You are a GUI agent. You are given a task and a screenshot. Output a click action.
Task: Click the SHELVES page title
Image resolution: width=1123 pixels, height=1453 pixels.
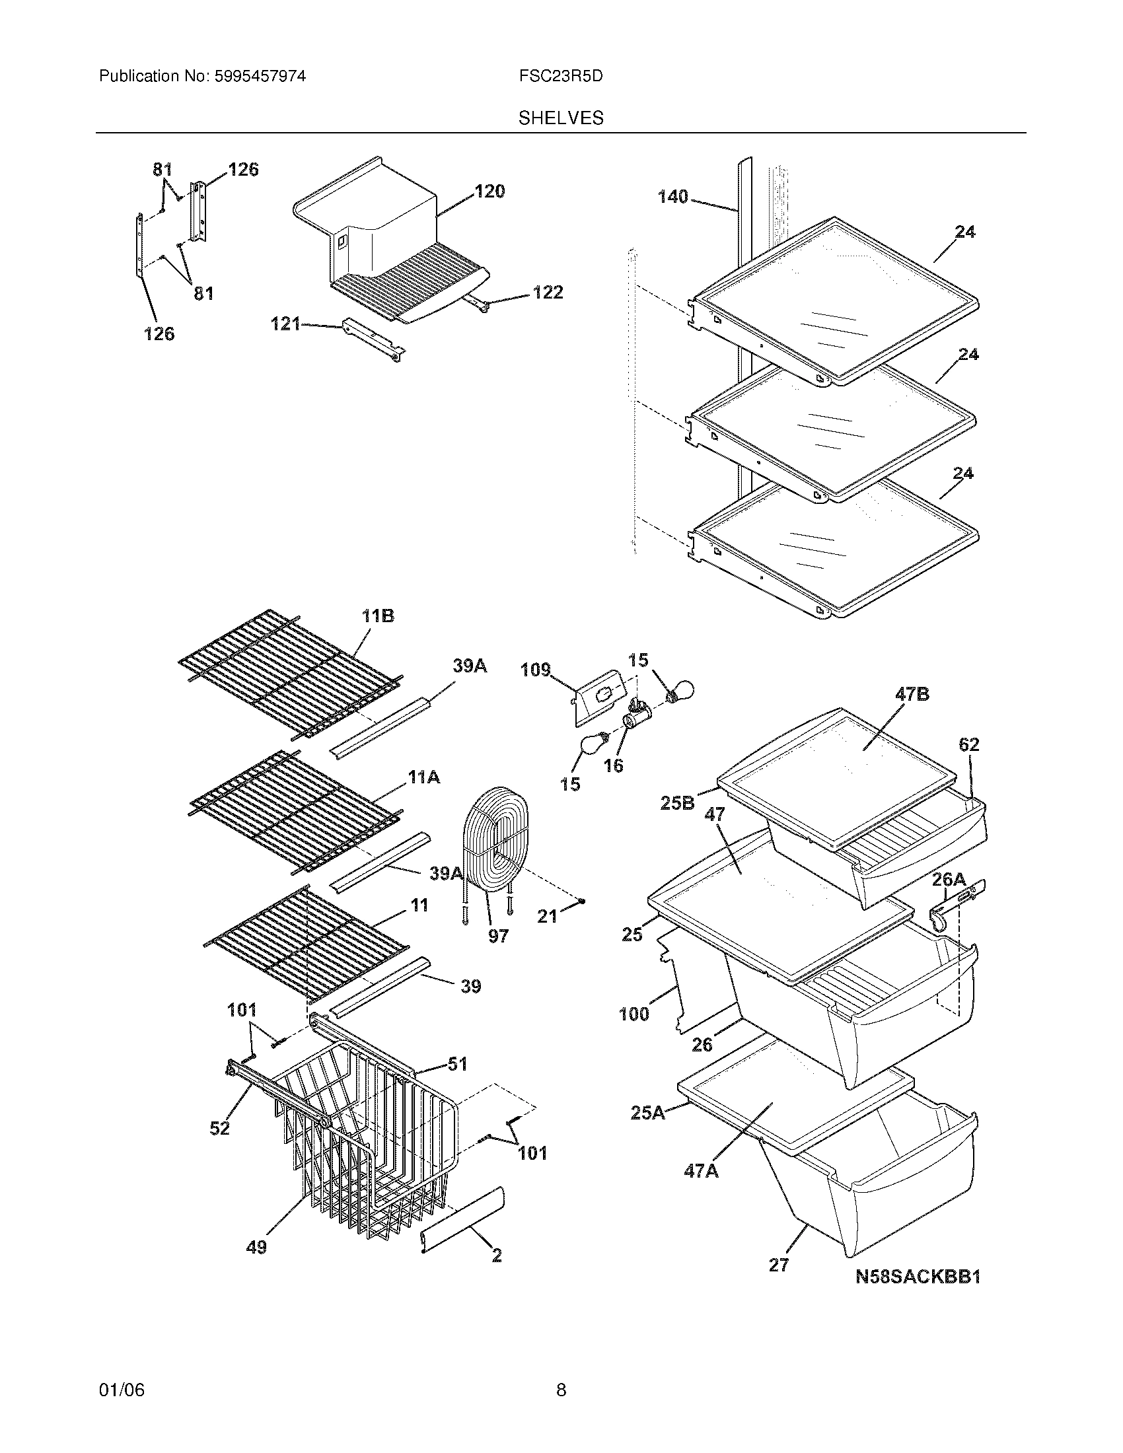coord(561,118)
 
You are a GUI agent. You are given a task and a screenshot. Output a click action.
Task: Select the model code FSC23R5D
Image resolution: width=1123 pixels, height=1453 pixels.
coord(561,77)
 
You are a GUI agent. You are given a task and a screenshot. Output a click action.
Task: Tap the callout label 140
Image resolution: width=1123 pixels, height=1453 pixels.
coord(672,197)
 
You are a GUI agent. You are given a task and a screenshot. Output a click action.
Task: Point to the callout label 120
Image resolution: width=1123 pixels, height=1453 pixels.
coord(489,192)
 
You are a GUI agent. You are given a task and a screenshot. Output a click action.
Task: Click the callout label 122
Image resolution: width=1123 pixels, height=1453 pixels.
coord(548,293)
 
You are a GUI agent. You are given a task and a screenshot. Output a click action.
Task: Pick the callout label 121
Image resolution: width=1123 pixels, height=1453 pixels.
coord(285,325)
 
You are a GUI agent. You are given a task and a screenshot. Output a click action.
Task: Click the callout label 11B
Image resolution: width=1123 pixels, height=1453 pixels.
coord(378,617)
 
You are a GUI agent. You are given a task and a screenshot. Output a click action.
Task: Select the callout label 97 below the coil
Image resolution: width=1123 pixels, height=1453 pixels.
coord(497,937)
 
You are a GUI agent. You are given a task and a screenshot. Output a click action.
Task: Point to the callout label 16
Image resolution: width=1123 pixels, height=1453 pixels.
coord(613,765)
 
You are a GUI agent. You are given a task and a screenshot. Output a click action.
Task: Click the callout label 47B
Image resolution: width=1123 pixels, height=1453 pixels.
coord(912,695)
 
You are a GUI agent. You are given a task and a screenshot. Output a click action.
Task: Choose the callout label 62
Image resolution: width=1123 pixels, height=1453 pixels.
coord(968,744)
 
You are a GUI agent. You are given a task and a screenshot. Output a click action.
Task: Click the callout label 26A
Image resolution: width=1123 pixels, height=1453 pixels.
coord(948,880)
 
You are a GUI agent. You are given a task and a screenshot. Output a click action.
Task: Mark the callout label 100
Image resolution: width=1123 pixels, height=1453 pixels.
coord(634,1014)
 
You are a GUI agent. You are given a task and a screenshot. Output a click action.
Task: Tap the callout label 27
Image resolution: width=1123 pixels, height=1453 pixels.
coord(778,1265)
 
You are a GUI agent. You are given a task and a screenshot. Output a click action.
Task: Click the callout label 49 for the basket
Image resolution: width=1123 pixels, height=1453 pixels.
coord(256,1248)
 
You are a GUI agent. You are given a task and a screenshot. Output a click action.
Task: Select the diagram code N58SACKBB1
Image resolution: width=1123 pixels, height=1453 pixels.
coord(918,1277)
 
